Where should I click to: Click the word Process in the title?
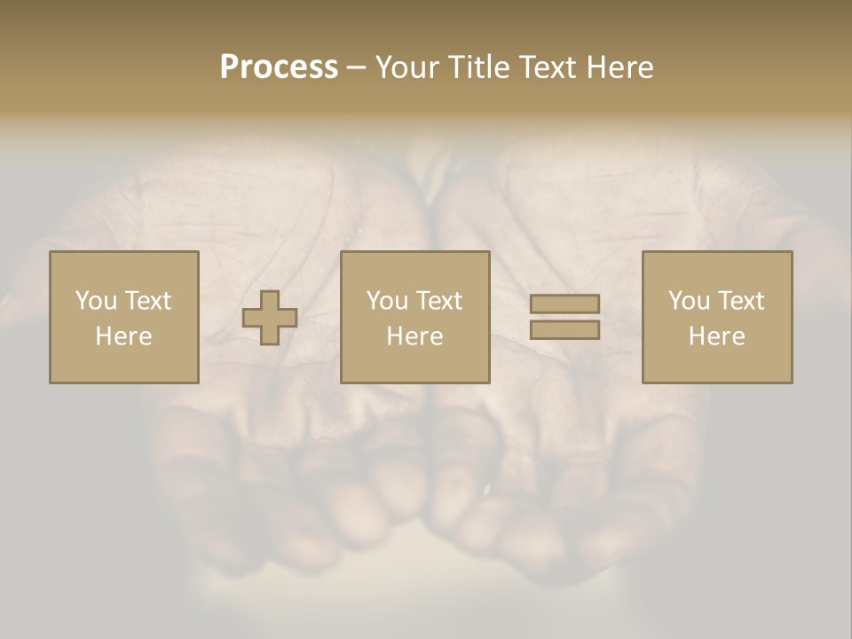coord(279,67)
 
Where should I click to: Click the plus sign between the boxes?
coord(270,318)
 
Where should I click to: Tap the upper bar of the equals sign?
coord(564,304)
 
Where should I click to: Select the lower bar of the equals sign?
coord(564,330)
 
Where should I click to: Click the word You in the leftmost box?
coord(96,301)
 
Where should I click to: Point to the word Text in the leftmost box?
coord(146,301)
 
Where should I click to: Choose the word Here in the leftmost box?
coord(123,336)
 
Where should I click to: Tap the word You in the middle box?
coord(387,301)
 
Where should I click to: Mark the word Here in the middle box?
coord(414,336)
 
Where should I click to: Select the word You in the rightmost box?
coord(689,301)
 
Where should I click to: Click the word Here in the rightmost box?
coord(716,336)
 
